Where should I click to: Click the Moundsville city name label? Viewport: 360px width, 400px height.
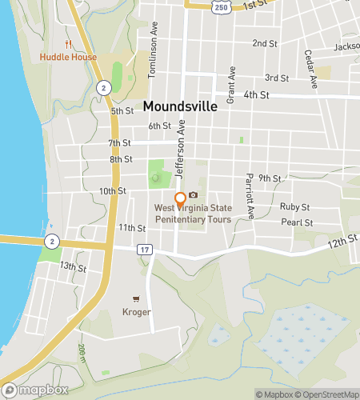[181, 106]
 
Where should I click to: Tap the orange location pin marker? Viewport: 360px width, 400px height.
[180, 199]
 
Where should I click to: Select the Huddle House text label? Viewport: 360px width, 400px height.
[68, 58]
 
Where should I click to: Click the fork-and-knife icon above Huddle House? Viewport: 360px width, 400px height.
[68, 44]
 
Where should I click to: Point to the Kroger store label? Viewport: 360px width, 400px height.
[136, 312]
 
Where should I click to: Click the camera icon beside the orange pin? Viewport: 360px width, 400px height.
[193, 195]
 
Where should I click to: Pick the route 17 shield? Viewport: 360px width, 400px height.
[144, 250]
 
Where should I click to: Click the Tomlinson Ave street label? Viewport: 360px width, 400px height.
[152, 61]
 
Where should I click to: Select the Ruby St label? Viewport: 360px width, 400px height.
[294, 206]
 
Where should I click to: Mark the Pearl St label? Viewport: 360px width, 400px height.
[295, 222]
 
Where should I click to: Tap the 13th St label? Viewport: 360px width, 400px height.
[72, 266]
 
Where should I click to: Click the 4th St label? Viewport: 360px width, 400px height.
[256, 94]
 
